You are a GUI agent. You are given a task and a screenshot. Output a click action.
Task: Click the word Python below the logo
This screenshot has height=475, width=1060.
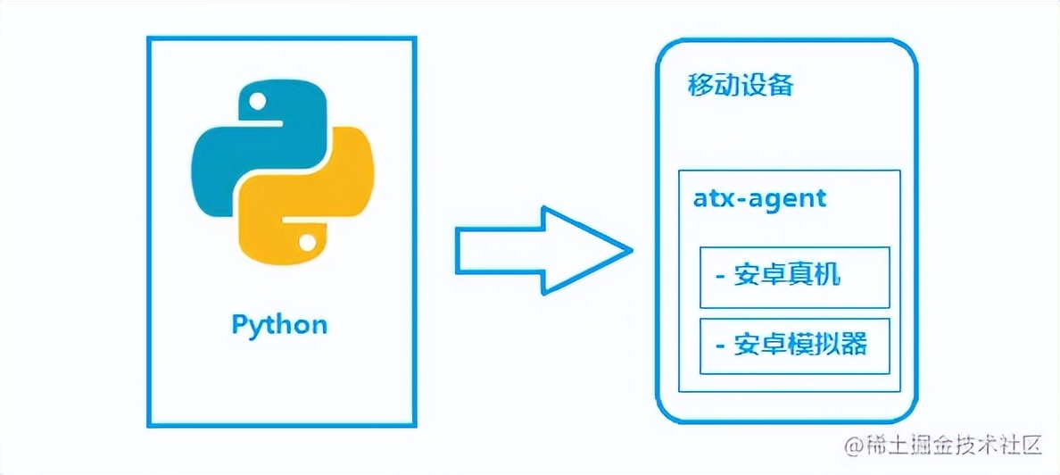pyautogui.click(x=279, y=324)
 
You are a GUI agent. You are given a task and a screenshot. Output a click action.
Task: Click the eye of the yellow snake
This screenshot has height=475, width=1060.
pyautogui.click(x=306, y=242)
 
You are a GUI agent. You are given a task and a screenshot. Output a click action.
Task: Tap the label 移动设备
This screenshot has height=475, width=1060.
pyautogui.click(x=740, y=87)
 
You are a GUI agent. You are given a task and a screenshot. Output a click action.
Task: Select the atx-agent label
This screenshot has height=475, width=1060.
pyautogui.click(x=759, y=197)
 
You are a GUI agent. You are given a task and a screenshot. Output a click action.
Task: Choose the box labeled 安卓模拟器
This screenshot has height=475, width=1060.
pyautogui.click(x=794, y=346)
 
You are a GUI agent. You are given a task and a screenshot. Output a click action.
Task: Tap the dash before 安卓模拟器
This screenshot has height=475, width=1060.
pyautogui.click(x=719, y=346)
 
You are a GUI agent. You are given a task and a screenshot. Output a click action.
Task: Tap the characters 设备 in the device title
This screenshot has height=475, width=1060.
pyautogui.click(x=767, y=87)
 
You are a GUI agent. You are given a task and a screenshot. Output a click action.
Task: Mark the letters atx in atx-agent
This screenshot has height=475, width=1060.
pyautogui.click(x=710, y=197)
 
